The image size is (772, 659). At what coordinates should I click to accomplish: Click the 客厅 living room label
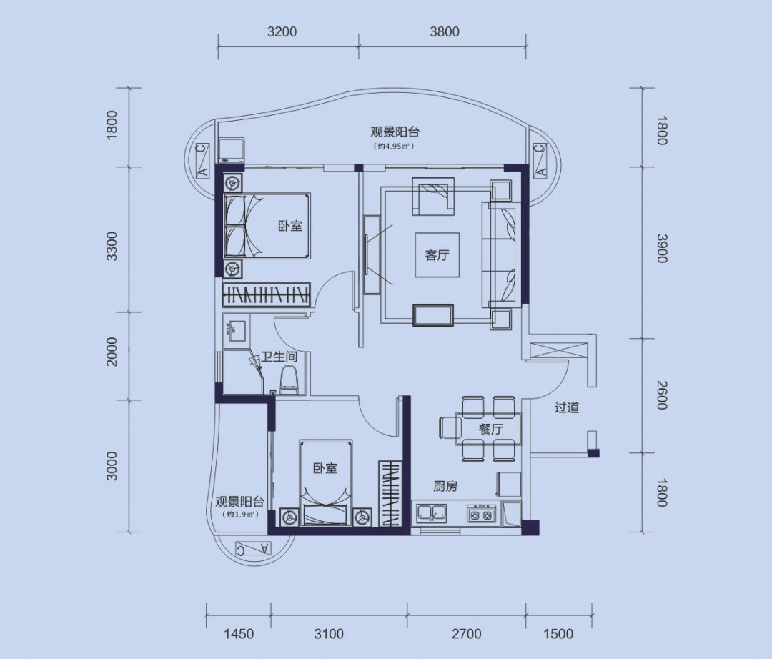pyautogui.click(x=437, y=255)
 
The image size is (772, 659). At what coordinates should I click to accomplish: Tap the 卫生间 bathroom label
pyautogui.click(x=279, y=357)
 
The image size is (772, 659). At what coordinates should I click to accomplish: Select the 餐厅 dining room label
pyautogui.click(x=491, y=429)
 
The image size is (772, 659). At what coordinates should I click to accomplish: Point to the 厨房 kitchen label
pyautogui.click(x=445, y=486)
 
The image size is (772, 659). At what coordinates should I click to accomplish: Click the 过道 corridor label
pyautogui.click(x=567, y=407)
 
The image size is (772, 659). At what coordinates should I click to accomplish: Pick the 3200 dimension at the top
pyautogui.click(x=282, y=32)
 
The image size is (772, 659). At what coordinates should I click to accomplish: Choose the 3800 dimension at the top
pyautogui.click(x=445, y=32)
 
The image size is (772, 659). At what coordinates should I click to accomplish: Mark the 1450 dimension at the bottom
pyautogui.click(x=239, y=633)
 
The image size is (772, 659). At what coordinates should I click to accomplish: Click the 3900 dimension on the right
pyautogui.click(x=662, y=249)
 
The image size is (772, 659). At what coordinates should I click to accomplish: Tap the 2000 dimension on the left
pyautogui.click(x=112, y=352)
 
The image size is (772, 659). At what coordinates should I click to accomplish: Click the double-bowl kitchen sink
pyautogui.click(x=432, y=513)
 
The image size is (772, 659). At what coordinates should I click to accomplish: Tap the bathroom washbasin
pyautogui.click(x=237, y=330)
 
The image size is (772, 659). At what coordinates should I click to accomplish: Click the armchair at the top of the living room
pyautogui.click(x=432, y=197)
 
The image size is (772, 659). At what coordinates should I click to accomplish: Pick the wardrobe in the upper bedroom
pyautogui.click(x=267, y=295)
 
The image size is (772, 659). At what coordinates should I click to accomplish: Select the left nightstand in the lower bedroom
pyautogui.click(x=289, y=517)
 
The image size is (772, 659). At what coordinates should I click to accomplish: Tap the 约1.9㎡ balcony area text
pyautogui.click(x=239, y=515)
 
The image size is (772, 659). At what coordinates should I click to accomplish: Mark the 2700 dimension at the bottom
pyautogui.click(x=467, y=633)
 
